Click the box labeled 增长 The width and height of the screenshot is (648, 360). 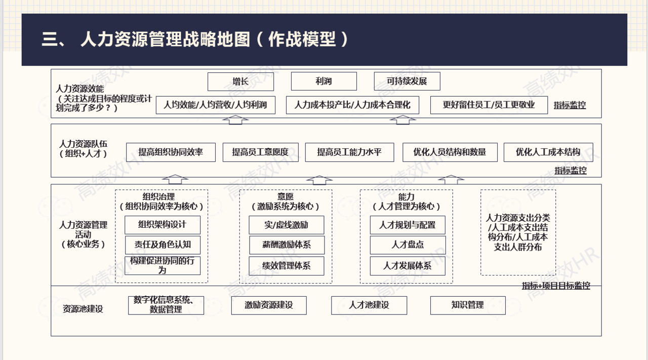click(240, 82)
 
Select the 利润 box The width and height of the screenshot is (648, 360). click(323, 82)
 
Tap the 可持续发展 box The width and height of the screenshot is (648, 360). click(407, 82)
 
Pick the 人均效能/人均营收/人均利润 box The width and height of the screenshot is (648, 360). click(216, 105)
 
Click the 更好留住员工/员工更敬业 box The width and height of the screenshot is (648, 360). click(489, 105)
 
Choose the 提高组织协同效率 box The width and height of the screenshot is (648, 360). click(171, 152)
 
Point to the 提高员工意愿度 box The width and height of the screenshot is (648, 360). click(260, 152)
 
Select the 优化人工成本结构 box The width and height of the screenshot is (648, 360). click(548, 152)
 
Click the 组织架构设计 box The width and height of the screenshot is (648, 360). click(163, 225)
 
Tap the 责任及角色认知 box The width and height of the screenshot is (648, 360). click(163, 245)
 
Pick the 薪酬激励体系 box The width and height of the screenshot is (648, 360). click(287, 245)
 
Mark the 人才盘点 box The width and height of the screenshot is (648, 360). click(408, 245)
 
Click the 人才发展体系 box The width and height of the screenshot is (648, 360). click(408, 266)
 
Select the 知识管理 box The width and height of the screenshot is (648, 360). click(468, 305)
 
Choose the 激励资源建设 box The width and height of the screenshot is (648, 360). click(269, 305)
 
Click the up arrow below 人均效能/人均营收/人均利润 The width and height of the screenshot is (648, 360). click(235, 120)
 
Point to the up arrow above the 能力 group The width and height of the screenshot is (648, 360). click(451, 180)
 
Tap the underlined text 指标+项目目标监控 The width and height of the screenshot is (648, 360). click(556, 286)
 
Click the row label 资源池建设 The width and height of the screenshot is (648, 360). click(83, 309)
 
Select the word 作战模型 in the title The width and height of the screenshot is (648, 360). click(302, 39)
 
